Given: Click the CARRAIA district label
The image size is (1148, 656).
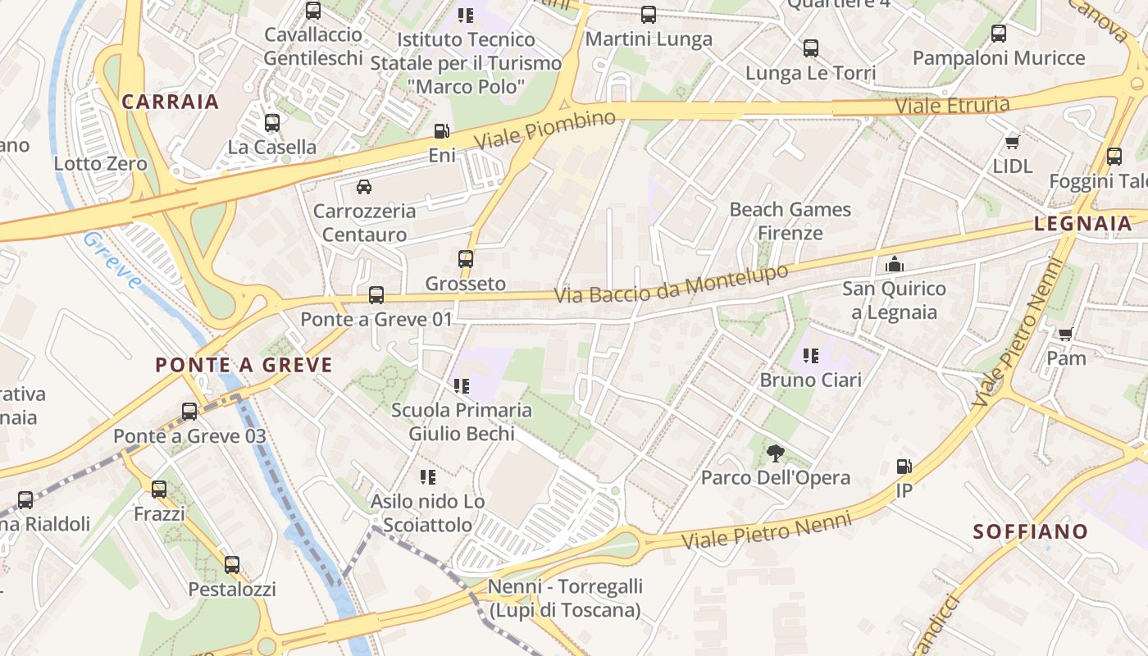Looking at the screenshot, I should coord(171,102).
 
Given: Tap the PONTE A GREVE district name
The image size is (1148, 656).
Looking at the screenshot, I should coord(244,365).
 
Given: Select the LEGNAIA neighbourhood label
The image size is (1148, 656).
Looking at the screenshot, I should coord(1082,223).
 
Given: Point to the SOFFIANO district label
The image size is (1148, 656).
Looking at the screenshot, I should coord(1030,531).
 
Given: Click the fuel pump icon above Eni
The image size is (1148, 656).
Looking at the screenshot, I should coord(442,131).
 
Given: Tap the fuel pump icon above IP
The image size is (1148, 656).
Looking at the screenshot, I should coord(904,467).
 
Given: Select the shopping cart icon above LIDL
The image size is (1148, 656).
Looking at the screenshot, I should coord(1012,142).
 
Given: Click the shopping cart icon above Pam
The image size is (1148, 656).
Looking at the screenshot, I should coord(1065,334).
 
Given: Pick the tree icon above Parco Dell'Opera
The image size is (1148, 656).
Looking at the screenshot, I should coord(775,453).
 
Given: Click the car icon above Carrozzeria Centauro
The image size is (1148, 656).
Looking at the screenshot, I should coord(364,186).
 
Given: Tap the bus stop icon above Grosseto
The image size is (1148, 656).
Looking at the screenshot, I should coord(466,259).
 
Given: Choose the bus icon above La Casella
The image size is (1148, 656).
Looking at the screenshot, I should coord(272,123).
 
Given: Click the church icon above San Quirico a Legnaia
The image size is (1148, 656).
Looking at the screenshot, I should coord(894,264).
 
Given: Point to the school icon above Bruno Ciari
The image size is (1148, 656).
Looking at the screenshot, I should coord(810,355).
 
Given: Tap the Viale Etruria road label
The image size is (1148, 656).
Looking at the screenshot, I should coord(951,105).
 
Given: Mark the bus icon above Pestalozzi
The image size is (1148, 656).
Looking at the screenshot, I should coord(232,564).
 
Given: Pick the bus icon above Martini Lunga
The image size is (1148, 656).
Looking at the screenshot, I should coord(649,14).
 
